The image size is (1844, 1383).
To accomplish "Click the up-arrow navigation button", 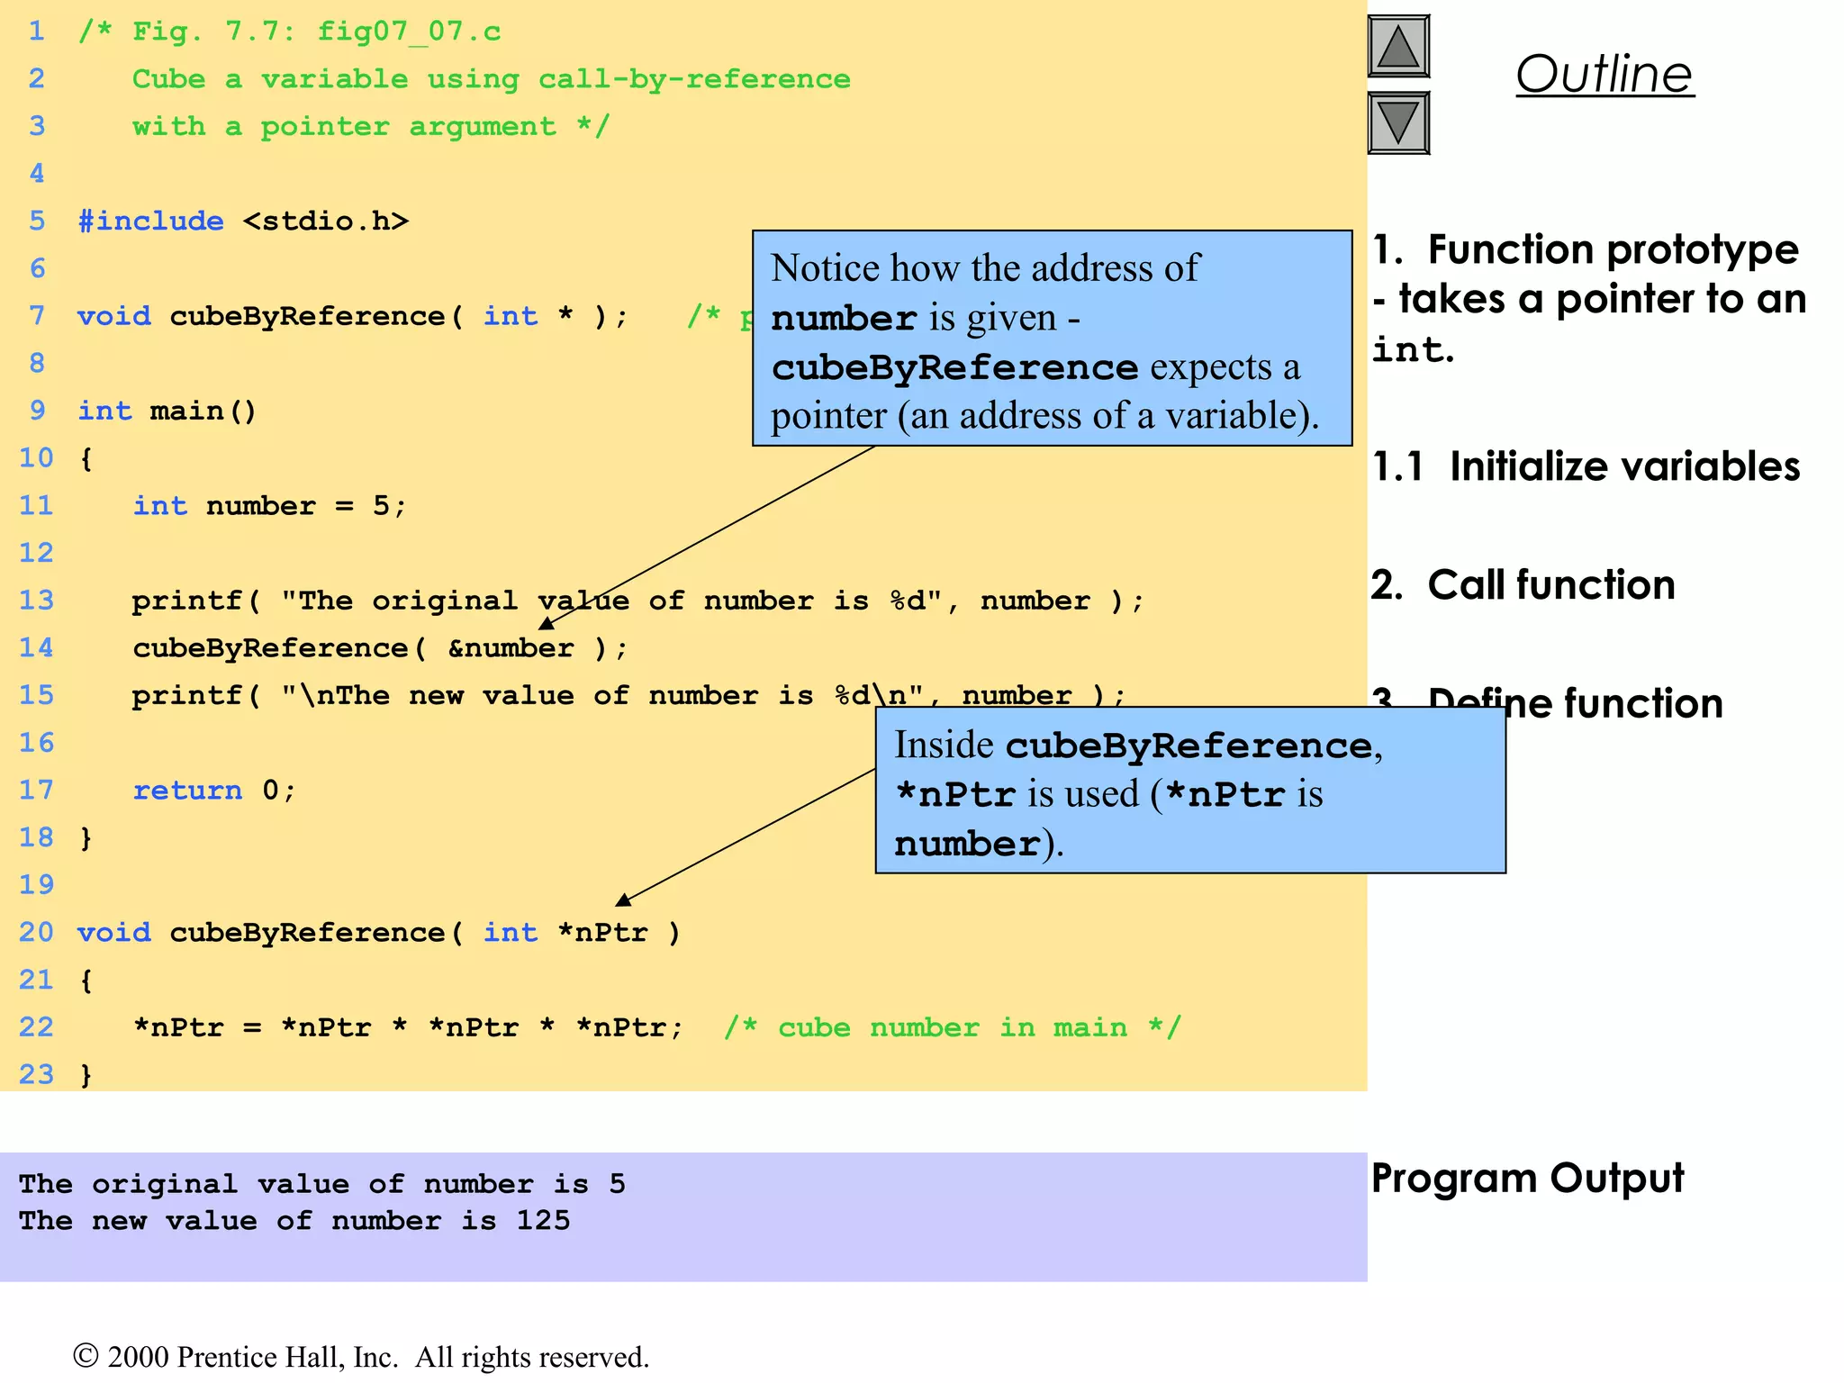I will coord(1398,46).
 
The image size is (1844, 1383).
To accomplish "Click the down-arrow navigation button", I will coord(1398,122).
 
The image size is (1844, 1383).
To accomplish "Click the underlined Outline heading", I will coord(1604,74).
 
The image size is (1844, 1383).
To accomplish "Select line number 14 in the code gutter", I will coord(36,647).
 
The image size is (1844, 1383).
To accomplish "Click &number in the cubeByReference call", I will coord(511,647).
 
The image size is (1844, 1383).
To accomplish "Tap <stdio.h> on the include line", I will coord(325,221).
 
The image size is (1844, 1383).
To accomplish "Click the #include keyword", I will coord(150,221).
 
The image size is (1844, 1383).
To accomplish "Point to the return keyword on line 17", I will coord(187,790).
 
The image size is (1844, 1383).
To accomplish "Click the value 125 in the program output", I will coord(543,1220).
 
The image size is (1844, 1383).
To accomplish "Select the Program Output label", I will coord(1527,1179).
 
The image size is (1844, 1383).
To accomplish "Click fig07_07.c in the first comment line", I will coord(409,32).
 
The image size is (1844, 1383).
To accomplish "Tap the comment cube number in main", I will coord(953,1027).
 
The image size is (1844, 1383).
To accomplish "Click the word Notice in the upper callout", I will coord(825,268).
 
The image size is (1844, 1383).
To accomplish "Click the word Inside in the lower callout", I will coord(944,746).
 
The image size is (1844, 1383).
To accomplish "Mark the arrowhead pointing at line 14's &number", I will coord(546,623).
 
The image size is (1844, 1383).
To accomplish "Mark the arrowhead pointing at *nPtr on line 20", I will coord(623,899).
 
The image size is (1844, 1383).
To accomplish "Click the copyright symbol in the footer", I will coord(86,1356).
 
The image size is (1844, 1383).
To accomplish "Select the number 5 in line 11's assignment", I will coord(381,505).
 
